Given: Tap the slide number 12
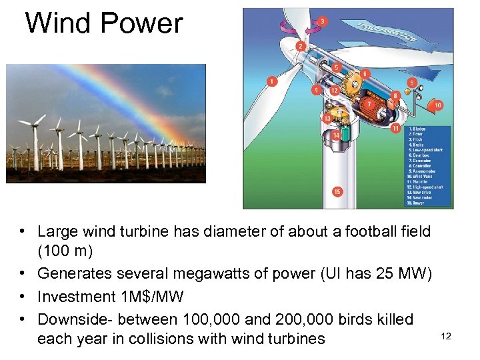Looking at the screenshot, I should pyautogui.click(x=446, y=336).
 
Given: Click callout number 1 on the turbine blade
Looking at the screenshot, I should pyautogui.click(x=271, y=81).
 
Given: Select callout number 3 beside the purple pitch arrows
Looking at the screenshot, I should pyautogui.click(x=323, y=22).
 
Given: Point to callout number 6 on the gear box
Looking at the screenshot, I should pyautogui.click(x=365, y=73).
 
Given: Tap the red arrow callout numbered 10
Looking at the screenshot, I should pyautogui.click(x=437, y=105).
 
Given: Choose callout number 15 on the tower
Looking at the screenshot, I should pyautogui.click(x=337, y=192).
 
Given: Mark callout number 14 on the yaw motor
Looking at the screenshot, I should pyautogui.click(x=337, y=135).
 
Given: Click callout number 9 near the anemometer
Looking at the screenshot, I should pyautogui.click(x=411, y=83).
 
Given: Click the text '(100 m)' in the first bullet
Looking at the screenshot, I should pyautogui.click(x=64, y=253).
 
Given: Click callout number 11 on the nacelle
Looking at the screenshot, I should pyautogui.click(x=395, y=127).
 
